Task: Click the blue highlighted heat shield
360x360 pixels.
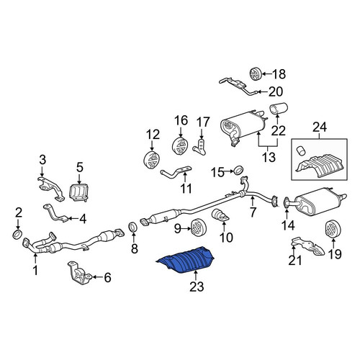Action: click(x=186, y=260)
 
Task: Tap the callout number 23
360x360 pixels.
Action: click(x=197, y=287)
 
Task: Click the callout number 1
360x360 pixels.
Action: click(x=35, y=270)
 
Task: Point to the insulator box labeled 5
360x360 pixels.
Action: click(x=79, y=192)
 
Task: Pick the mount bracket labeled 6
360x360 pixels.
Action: click(x=79, y=274)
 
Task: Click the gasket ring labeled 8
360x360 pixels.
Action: click(x=133, y=228)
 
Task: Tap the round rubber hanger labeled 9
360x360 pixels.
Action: click(x=199, y=228)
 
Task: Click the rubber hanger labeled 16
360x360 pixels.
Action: click(x=181, y=146)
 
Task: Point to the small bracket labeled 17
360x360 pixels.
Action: click(x=199, y=147)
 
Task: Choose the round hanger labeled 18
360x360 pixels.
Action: click(x=255, y=73)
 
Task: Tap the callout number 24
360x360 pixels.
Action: click(x=320, y=127)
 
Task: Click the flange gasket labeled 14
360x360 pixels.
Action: click(x=287, y=203)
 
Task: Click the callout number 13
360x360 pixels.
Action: click(x=269, y=157)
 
